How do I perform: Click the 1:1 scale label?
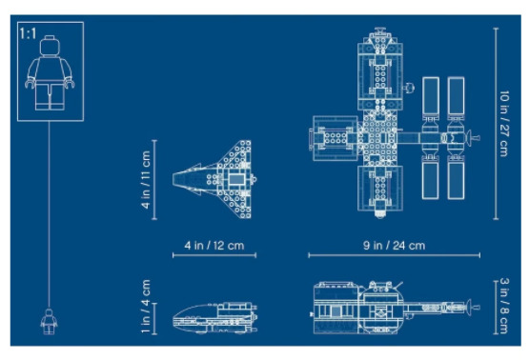(28, 33)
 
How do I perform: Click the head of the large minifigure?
(50, 46)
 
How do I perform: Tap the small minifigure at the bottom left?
(49, 322)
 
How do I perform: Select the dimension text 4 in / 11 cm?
(146, 179)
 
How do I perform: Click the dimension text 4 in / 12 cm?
(214, 246)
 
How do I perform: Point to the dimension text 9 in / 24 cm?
(394, 246)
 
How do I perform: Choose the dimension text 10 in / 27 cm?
(504, 124)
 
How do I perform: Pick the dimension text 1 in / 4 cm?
(146, 306)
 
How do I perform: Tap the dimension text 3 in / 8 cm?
(504, 306)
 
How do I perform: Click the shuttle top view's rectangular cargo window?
(236, 179)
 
